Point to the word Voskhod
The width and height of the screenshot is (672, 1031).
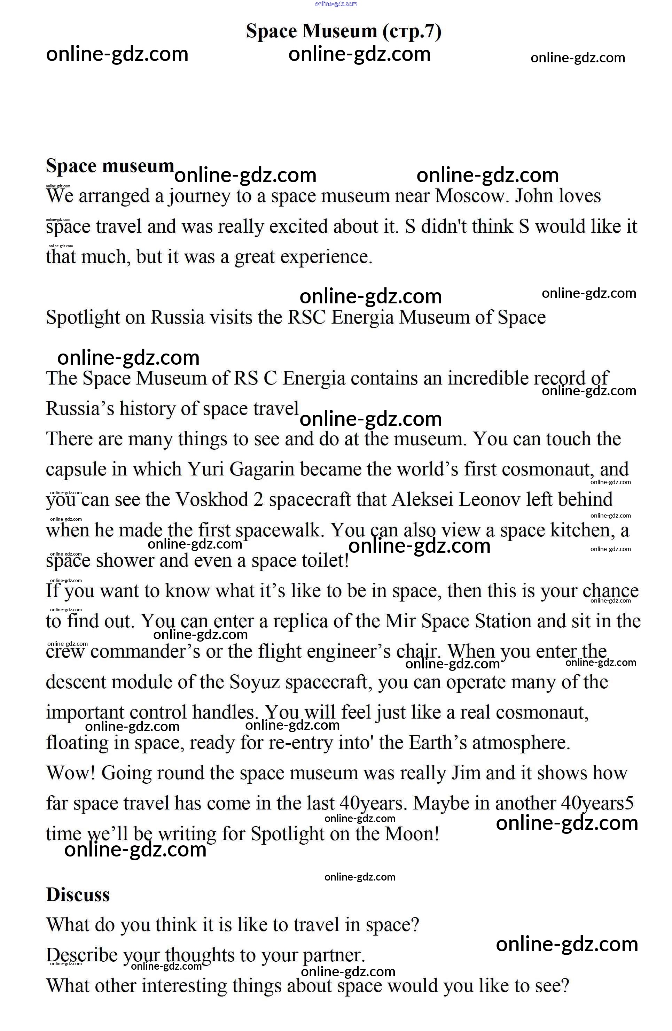[x=212, y=499]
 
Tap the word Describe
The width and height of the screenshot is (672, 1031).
[x=81, y=955]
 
